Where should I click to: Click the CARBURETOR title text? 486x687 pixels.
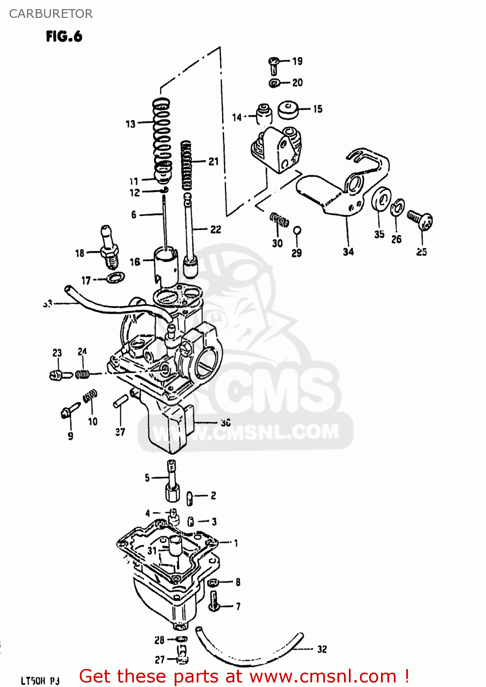coord(50,14)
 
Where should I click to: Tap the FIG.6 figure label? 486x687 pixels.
coord(64,36)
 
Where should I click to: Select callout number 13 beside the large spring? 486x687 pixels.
coord(130,124)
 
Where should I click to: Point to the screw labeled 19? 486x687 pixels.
coord(274,65)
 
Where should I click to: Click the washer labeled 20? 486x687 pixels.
coord(275,83)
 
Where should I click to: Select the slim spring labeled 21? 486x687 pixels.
coord(187,166)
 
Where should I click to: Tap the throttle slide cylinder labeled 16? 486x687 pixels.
coord(165,263)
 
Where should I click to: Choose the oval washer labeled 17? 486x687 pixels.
coord(115,277)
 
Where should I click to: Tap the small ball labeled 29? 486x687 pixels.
coord(297,230)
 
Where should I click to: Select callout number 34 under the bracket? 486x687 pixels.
coord(348,251)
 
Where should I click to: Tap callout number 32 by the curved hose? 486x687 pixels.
coord(322,649)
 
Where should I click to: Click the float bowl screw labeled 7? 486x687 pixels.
coord(214,601)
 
